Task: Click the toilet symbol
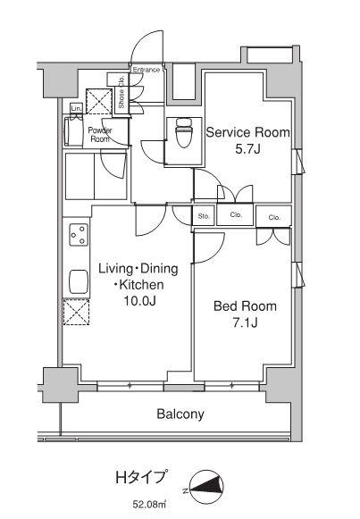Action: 184,132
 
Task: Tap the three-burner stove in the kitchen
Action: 79,235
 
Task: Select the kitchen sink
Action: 79,281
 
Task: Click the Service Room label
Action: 247,132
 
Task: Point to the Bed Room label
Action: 245,306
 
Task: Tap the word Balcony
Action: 180,414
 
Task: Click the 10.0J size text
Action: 139,300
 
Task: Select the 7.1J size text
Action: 245,322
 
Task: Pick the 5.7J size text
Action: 247,149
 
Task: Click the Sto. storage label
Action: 204,216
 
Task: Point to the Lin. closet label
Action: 76,108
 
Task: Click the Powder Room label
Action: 100,135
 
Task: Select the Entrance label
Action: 147,70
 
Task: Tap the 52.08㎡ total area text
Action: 149,505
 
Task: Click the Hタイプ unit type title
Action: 141,478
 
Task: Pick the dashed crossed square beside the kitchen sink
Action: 77,312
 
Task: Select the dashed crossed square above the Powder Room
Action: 99,101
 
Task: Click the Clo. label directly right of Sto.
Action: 236,214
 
